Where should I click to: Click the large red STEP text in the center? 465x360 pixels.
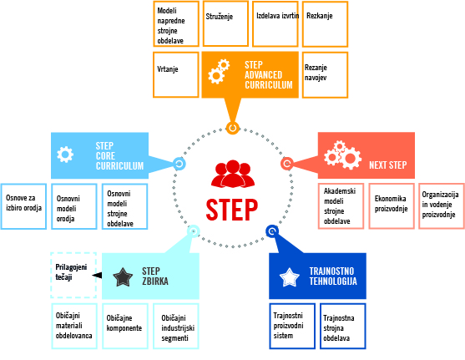click(233, 207)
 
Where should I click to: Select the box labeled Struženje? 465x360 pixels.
click(225, 23)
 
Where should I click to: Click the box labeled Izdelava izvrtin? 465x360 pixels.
click(275, 23)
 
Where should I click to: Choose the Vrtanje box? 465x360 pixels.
click(176, 74)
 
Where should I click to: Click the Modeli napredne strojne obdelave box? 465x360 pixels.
click(176, 23)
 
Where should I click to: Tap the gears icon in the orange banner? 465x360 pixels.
click(220, 72)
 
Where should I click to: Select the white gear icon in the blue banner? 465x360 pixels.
click(64, 154)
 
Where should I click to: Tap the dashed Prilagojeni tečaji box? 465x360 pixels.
click(73, 272)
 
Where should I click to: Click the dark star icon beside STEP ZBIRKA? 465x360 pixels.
click(124, 276)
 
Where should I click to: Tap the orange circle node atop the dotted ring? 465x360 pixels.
click(233, 128)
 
